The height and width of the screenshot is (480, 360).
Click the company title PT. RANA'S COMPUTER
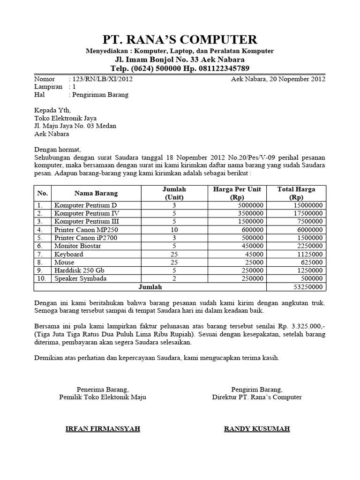point(180,39)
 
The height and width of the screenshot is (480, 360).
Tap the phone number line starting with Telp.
point(180,68)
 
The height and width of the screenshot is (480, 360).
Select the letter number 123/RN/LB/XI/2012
point(101,79)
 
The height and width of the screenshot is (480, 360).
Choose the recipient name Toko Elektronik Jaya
point(65,118)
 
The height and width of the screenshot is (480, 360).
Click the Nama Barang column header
point(96,193)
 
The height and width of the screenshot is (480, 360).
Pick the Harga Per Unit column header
point(237,193)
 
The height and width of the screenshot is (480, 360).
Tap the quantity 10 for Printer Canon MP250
point(174,230)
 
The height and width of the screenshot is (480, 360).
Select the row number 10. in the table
point(42,278)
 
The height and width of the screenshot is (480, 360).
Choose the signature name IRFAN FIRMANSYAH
point(103,429)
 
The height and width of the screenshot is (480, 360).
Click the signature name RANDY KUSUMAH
point(257,429)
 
